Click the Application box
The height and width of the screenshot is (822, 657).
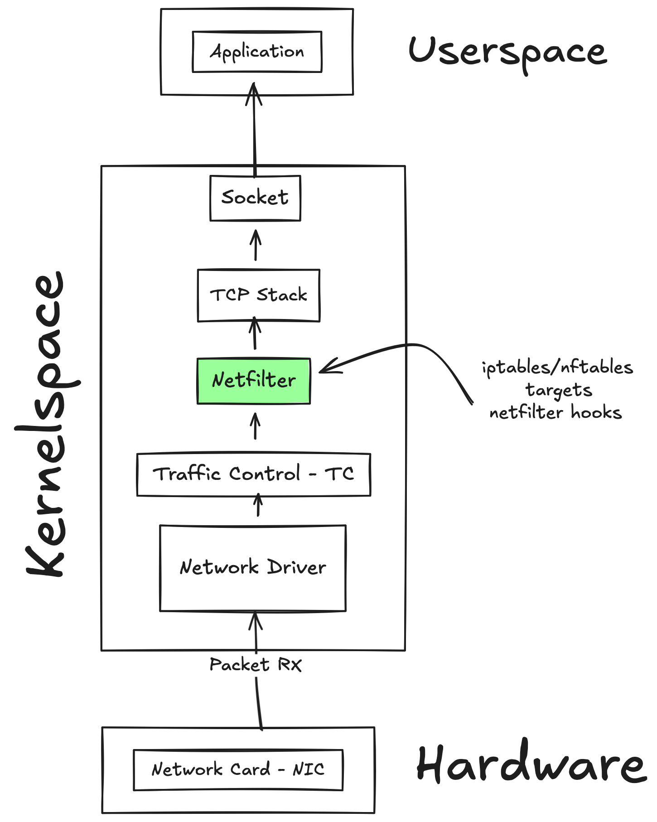pyautogui.click(x=257, y=52)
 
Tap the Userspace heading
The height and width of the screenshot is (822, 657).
pyautogui.click(x=507, y=52)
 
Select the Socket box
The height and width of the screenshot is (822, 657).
pyautogui.click(x=255, y=198)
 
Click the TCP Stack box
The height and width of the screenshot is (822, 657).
pyautogui.click(x=258, y=295)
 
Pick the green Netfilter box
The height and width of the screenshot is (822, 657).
pyautogui.click(x=254, y=381)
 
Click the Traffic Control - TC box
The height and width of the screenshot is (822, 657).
pyautogui.click(x=254, y=474)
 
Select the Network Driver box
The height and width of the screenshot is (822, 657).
pyautogui.click(x=253, y=568)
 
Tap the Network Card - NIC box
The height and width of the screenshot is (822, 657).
pyautogui.click(x=238, y=769)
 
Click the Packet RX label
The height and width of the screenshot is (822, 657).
pyautogui.click(x=256, y=665)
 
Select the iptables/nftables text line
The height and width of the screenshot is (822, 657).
pyautogui.click(x=557, y=367)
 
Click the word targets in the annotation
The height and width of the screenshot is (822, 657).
pyautogui.click(x=559, y=390)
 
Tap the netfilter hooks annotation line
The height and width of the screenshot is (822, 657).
pyautogui.click(x=556, y=413)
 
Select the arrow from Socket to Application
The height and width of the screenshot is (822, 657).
pyautogui.click(x=254, y=131)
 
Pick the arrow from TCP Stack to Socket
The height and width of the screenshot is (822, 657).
pyautogui.click(x=256, y=245)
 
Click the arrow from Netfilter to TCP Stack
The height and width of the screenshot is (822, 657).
pyautogui.click(x=255, y=333)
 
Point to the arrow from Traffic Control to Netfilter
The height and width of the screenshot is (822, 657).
pyautogui.click(x=255, y=426)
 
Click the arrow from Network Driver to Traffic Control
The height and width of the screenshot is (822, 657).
pyautogui.click(x=258, y=505)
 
